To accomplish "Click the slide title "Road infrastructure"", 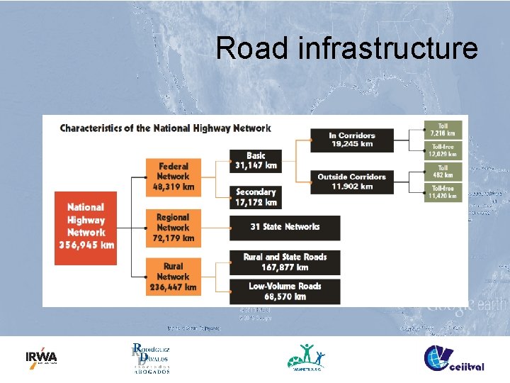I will (346, 48).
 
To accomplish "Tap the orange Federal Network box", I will (172, 177).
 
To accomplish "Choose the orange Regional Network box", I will (172, 228).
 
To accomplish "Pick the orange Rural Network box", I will (172, 277).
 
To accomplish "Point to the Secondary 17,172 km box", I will (255, 197).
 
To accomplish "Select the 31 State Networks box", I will (285, 228).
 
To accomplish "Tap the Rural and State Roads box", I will (285, 262).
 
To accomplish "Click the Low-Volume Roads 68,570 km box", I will (285, 292).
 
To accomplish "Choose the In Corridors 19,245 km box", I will (352, 140).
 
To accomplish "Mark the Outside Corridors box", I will (352, 182).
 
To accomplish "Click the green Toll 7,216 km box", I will (443, 130).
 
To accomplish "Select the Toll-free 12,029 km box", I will (443, 150).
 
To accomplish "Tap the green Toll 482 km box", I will (443, 171).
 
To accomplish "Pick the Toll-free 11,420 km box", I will (443, 192).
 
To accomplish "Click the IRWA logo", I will (41, 357).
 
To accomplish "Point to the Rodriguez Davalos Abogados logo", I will (150, 357).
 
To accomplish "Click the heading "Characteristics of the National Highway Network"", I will (165, 128).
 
